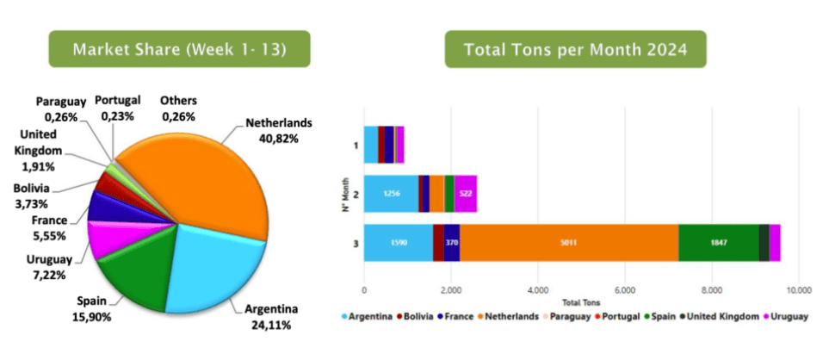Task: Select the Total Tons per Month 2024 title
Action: [575, 49]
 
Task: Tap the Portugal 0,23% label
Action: [118, 109]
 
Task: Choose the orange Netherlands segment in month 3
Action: [569, 242]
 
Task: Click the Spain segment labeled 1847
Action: [718, 242]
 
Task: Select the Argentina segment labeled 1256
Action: [391, 194]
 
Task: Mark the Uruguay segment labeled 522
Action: [465, 194]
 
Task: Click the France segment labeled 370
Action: [452, 242]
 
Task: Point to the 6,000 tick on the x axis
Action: [625, 289]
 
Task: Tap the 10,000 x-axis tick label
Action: [798, 289]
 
